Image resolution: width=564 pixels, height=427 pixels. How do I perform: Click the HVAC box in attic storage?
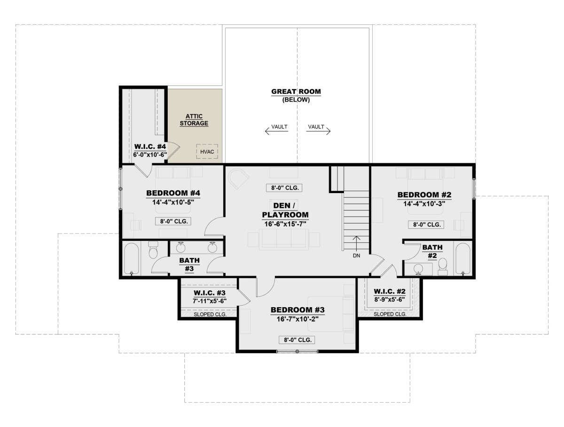[207, 151]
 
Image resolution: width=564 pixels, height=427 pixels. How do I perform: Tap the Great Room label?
[296, 92]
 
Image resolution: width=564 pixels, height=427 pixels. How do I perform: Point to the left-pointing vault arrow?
[276, 131]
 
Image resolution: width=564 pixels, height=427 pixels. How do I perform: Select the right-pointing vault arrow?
[318, 131]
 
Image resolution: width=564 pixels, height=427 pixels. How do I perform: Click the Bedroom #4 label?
[173, 193]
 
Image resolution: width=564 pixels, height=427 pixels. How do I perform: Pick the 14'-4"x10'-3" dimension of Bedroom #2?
[424, 203]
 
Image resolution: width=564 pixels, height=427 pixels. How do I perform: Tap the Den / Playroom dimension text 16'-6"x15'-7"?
[285, 224]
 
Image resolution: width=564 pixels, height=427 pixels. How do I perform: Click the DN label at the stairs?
[356, 256]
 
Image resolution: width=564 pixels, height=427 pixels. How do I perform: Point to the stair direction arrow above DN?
[356, 243]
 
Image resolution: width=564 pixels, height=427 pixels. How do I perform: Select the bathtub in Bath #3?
[132, 259]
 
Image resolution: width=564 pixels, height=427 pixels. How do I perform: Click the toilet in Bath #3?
[153, 250]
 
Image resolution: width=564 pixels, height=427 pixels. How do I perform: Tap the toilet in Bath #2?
[443, 266]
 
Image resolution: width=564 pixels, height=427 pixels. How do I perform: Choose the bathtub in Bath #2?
[463, 259]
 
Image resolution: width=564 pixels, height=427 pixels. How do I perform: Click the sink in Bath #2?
[418, 269]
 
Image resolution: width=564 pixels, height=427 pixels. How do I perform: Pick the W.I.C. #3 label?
[210, 293]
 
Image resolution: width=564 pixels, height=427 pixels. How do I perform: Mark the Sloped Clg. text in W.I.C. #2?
[390, 314]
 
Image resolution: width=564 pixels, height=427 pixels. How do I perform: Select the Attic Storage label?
[194, 120]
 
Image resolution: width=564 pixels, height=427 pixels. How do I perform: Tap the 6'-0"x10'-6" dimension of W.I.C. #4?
[150, 155]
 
